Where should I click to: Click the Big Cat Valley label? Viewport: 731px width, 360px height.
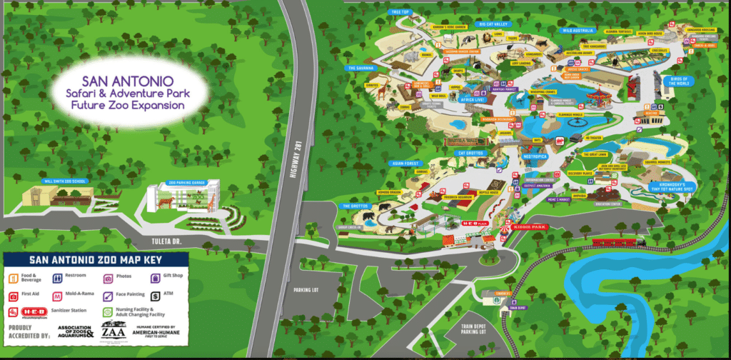point(497,23)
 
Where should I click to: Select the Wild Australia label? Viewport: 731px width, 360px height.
point(579,31)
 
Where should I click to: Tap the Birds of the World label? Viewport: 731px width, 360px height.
point(679,81)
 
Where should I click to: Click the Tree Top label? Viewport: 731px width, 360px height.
point(399,12)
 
